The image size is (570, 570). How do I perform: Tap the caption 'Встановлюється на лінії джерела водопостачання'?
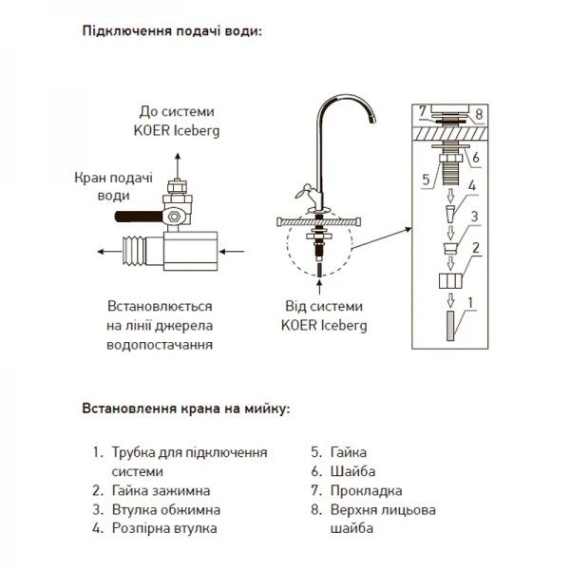coord(160,327)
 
